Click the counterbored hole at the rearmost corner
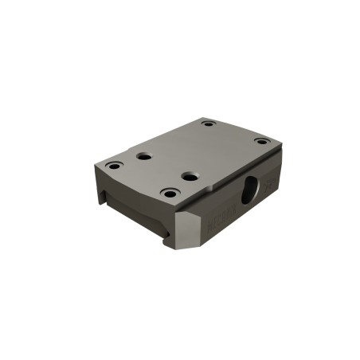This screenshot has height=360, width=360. coord(208,123)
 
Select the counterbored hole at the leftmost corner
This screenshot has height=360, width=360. coord(115,166)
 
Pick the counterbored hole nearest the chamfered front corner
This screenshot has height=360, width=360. coord(170,192)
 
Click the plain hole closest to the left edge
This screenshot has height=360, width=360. coord(144,156)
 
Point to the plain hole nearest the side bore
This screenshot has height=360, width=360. coord(189,174)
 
